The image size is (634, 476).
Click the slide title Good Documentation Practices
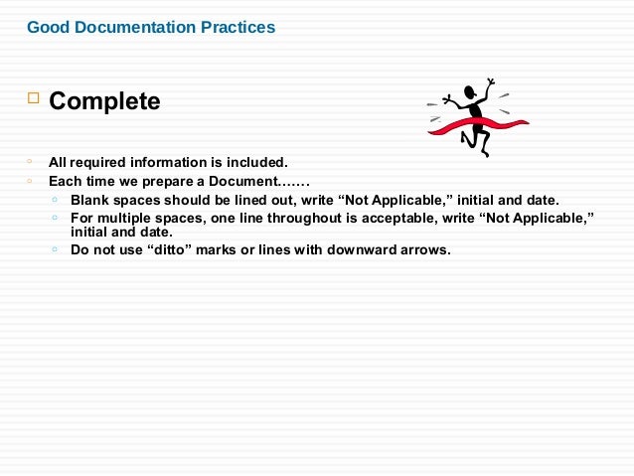(x=151, y=28)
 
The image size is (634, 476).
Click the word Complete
(x=104, y=101)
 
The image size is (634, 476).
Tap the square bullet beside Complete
(x=32, y=98)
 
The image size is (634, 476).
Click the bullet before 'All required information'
(x=31, y=161)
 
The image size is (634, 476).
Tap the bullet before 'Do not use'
(x=54, y=248)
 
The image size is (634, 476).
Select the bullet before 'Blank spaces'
(x=54, y=199)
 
